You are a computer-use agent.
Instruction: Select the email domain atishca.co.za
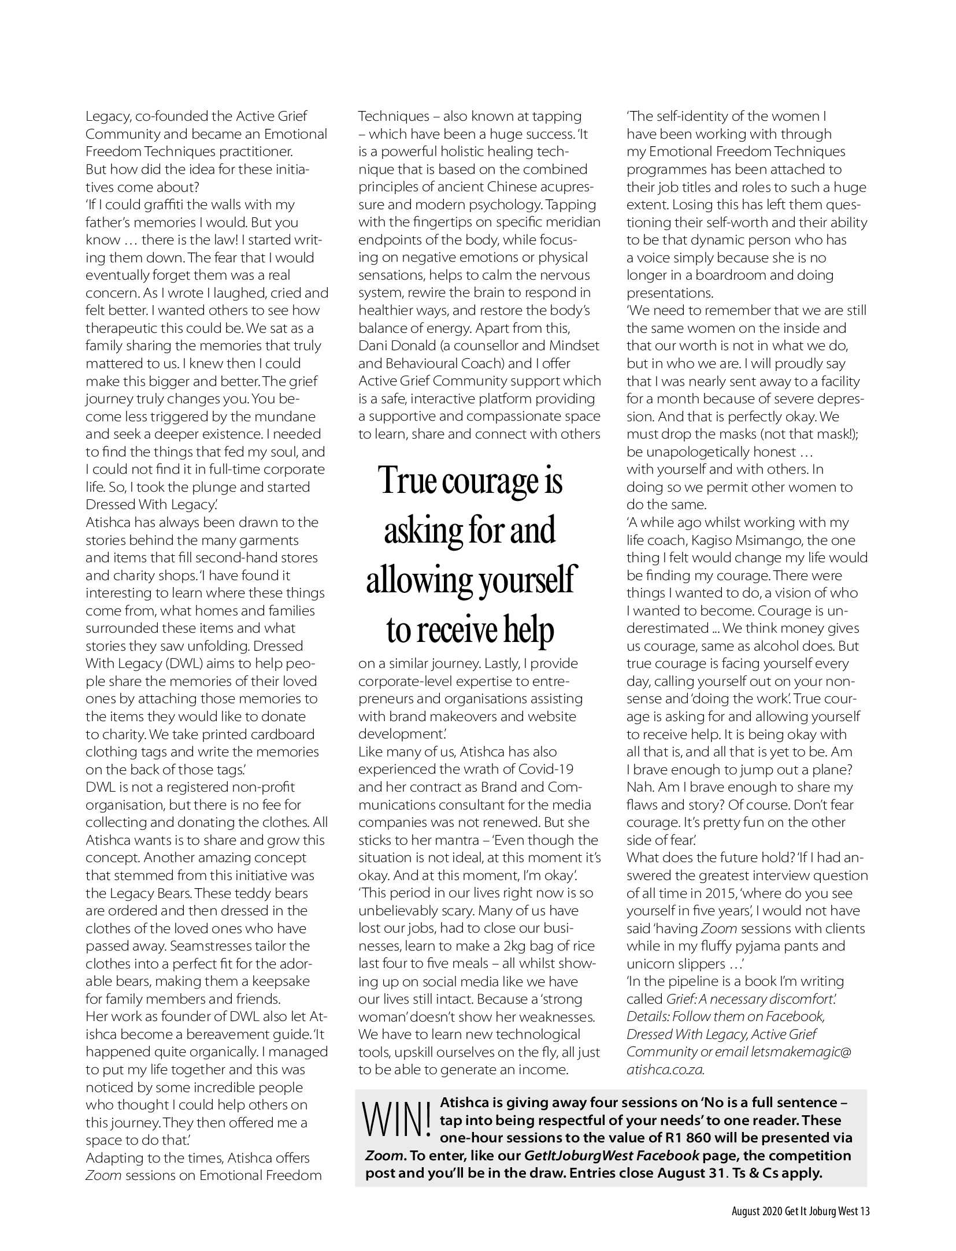pyautogui.click(x=665, y=1069)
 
